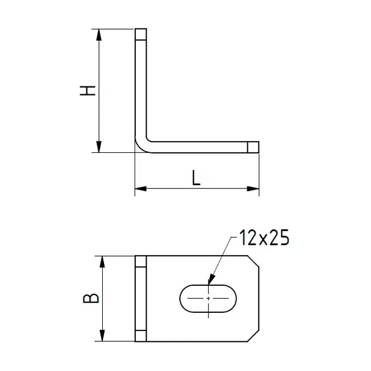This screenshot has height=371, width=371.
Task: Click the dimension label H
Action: pyautogui.click(x=88, y=91)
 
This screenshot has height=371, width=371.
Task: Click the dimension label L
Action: pyautogui.click(x=196, y=177)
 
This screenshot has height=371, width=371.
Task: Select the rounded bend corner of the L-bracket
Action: pyautogui.click(x=141, y=146)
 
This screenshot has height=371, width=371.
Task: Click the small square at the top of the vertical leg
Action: pyautogui.click(x=141, y=35)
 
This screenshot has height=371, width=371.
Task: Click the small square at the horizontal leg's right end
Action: pyautogui.click(x=252, y=147)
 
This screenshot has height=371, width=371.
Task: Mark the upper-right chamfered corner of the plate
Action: pyautogui.click(x=253, y=262)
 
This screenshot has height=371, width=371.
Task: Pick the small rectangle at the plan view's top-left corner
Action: pyautogui.click(x=141, y=261)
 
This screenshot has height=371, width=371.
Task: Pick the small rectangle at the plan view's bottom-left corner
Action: pyautogui.click(x=141, y=336)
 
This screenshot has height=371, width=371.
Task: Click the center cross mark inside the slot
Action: pyautogui.click(x=208, y=298)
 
